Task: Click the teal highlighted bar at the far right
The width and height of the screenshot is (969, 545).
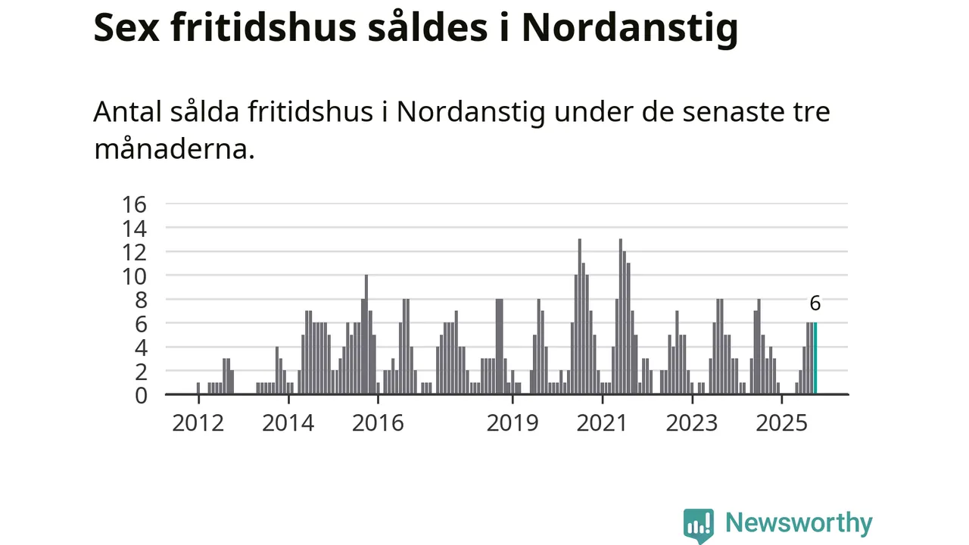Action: [815, 359]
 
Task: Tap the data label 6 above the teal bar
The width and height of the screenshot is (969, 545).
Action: [815, 304]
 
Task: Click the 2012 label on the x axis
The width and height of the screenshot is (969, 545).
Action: [198, 422]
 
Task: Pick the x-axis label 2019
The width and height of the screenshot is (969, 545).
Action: [513, 422]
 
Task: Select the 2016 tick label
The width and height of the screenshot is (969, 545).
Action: [378, 422]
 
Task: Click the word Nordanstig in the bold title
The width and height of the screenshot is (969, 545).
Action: [629, 29]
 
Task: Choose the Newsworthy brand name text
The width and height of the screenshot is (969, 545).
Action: [799, 523]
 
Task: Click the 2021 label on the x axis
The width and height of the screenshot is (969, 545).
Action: [602, 422]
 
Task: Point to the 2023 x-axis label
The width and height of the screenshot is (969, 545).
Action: [691, 422]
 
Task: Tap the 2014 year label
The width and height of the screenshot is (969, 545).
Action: [288, 422]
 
